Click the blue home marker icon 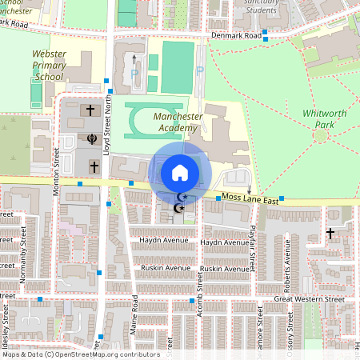click(x=179, y=172)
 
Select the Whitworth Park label click(x=325, y=119)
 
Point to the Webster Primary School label click(x=49, y=65)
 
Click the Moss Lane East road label click(x=250, y=198)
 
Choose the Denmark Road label click(x=237, y=36)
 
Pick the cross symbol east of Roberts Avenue click(x=330, y=234)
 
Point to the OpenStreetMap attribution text click(x=81, y=354)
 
